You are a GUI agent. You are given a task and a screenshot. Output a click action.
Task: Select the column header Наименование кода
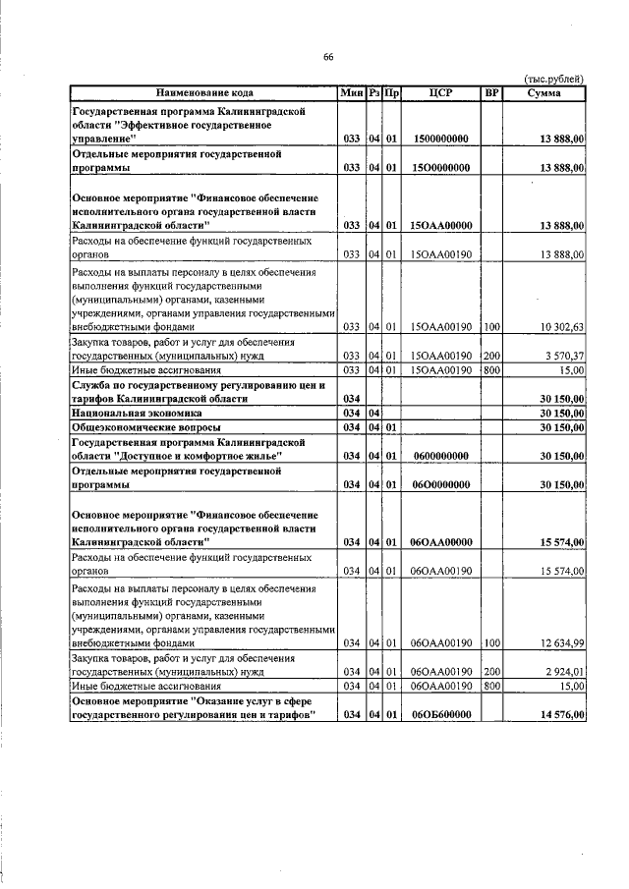pyautogui.click(x=203, y=93)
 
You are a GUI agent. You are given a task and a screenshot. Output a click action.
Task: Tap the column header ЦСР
pyautogui.click(x=440, y=93)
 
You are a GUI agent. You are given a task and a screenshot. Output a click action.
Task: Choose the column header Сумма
pyautogui.click(x=543, y=93)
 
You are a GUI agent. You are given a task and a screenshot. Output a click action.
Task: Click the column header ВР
pyautogui.click(x=491, y=93)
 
